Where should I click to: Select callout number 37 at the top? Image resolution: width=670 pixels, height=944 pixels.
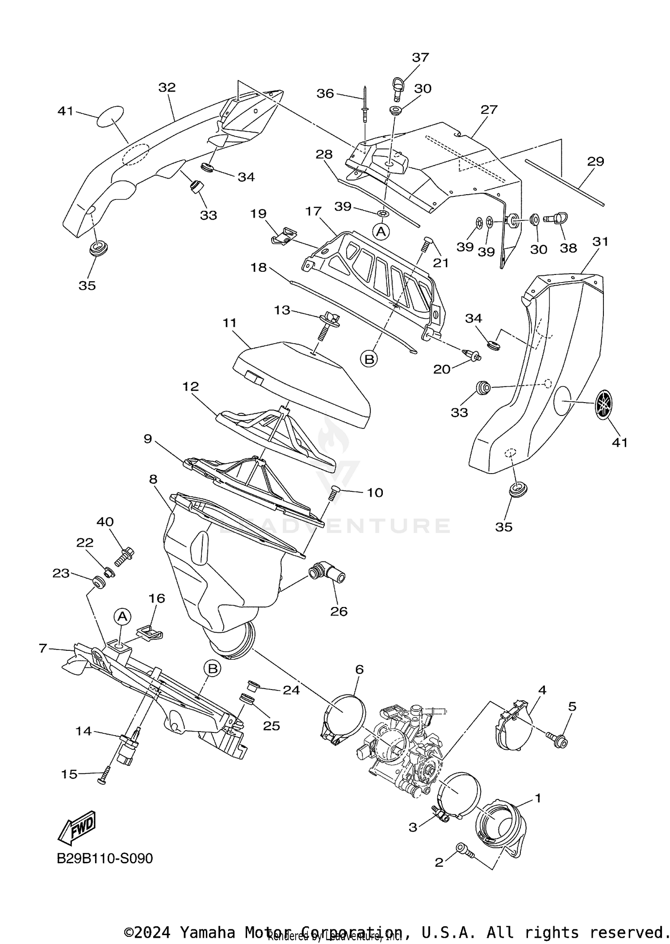[420, 57]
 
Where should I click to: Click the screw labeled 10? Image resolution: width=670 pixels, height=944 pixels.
[334, 493]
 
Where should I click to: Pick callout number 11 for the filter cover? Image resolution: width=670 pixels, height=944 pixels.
[230, 322]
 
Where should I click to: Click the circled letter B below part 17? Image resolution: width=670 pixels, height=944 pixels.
[369, 359]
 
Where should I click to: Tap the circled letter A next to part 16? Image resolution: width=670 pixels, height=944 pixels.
[122, 617]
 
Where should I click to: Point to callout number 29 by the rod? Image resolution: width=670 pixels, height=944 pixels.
[595, 161]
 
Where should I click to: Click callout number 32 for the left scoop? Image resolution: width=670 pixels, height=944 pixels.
[167, 87]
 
